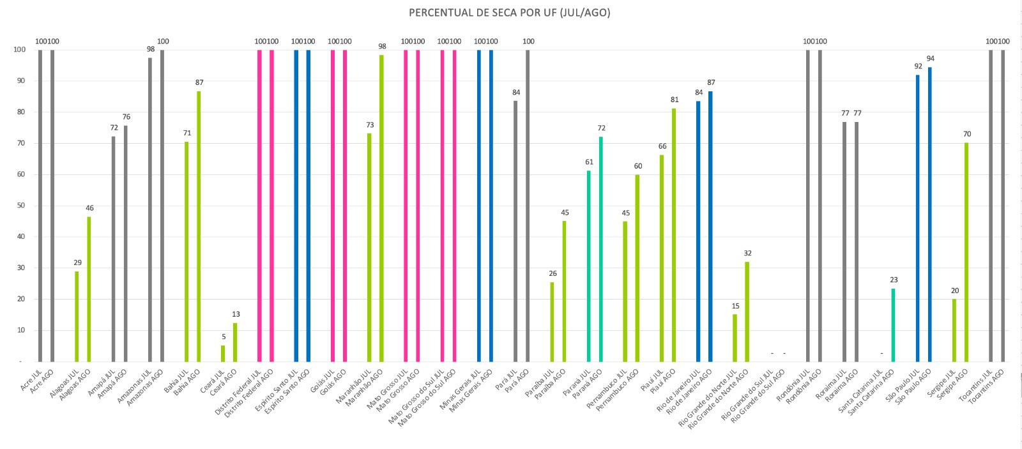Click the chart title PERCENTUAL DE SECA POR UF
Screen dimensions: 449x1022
[x=509, y=12]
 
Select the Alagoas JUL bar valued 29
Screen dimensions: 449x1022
[x=77, y=316]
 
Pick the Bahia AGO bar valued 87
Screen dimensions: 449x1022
[x=199, y=227]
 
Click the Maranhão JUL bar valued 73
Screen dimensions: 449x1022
[x=369, y=247]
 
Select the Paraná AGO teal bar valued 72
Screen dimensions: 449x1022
[x=601, y=249]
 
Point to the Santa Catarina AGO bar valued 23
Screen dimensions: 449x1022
[x=894, y=324]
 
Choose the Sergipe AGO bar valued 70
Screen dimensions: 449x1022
[x=966, y=252]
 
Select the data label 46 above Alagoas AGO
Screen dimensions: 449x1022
[x=89, y=208]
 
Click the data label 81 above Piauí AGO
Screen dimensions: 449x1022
[x=675, y=100]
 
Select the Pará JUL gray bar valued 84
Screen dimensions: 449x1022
[x=515, y=231]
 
